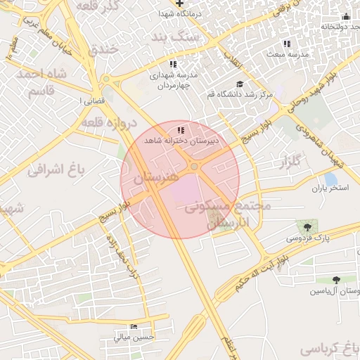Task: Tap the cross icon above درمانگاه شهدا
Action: (x=180, y=3)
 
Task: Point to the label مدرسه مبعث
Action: (x=285, y=53)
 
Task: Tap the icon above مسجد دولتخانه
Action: (x=345, y=16)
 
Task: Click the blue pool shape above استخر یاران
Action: (x=330, y=179)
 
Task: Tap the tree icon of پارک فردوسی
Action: (x=308, y=226)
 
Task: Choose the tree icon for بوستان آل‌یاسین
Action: (x=336, y=280)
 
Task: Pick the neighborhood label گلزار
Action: (x=285, y=163)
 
